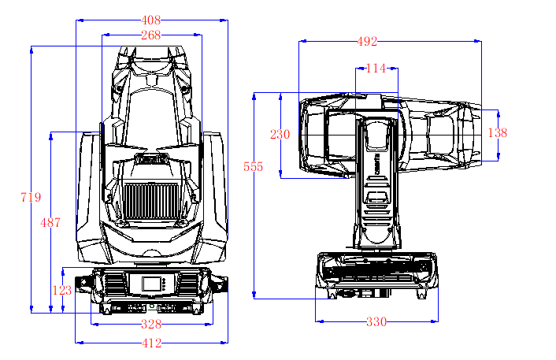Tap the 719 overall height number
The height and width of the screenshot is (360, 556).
pos(31,198)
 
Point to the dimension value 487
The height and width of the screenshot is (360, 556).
pos(50,223)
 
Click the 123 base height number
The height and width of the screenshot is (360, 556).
pos(62,290)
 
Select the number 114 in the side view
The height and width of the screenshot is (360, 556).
pos(376,69)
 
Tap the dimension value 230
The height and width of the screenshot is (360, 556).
pos(280,134)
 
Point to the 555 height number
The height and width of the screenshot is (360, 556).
pos(254,167)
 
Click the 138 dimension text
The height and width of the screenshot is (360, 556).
pos(497,133)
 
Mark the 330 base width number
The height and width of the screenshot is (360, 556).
pos(376,321)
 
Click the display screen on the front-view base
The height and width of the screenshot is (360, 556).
pos(150,284)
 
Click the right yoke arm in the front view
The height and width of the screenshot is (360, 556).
pos(213,197)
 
